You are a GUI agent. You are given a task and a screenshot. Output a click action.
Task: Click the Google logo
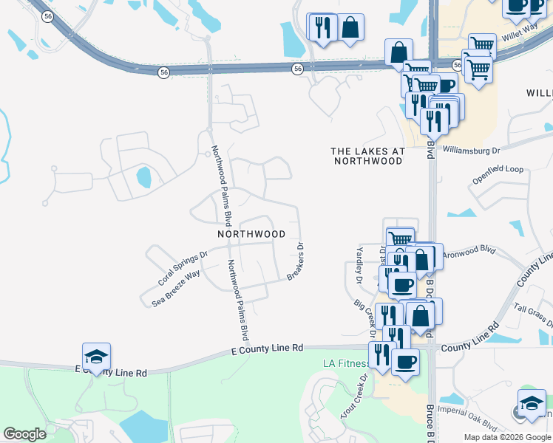pos(24,434)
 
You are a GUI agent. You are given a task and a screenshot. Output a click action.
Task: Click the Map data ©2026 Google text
pos(507,437)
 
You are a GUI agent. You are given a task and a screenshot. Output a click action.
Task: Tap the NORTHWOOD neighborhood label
pos(251,234)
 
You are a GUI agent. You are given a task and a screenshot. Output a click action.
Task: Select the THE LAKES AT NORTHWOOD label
pos(367,155)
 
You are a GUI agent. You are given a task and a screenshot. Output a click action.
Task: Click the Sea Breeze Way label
pos(176,288)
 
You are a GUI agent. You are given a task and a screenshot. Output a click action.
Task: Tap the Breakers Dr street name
pos(296,262)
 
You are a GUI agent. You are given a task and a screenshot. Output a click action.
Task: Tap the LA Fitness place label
pos(345,363)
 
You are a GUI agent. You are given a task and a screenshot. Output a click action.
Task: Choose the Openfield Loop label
pos(498,170)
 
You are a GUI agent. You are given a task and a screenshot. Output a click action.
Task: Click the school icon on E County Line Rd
pos(96,357)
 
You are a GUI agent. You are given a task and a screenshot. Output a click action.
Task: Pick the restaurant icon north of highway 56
pos(321,28)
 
